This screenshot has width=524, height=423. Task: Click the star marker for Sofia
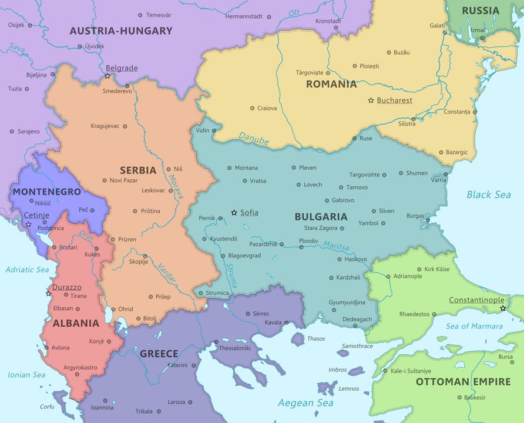click(234, 213)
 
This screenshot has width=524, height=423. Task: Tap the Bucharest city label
click(394, 100)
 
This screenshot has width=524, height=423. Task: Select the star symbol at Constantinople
click(502, 308)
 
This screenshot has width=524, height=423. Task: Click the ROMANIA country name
click(331, 84)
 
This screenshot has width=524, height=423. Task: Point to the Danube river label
click(254, 139)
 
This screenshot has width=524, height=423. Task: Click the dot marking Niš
click(168, 169)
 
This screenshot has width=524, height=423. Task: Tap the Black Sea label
click(488, 194)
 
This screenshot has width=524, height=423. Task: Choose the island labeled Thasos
click(298, 338)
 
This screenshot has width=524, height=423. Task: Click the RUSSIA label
click(480, 11)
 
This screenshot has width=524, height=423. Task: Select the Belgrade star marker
click(108, 76)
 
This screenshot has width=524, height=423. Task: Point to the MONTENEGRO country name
click(46, 192)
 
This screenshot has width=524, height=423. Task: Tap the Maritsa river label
click(336, 247)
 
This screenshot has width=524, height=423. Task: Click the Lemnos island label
click(349, 388)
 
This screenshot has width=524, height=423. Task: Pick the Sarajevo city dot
click(12, 132)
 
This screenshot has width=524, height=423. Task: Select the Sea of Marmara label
click(474, 326)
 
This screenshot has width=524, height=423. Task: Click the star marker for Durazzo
click(48, 293)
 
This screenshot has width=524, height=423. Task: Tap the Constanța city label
click(457, 112)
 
